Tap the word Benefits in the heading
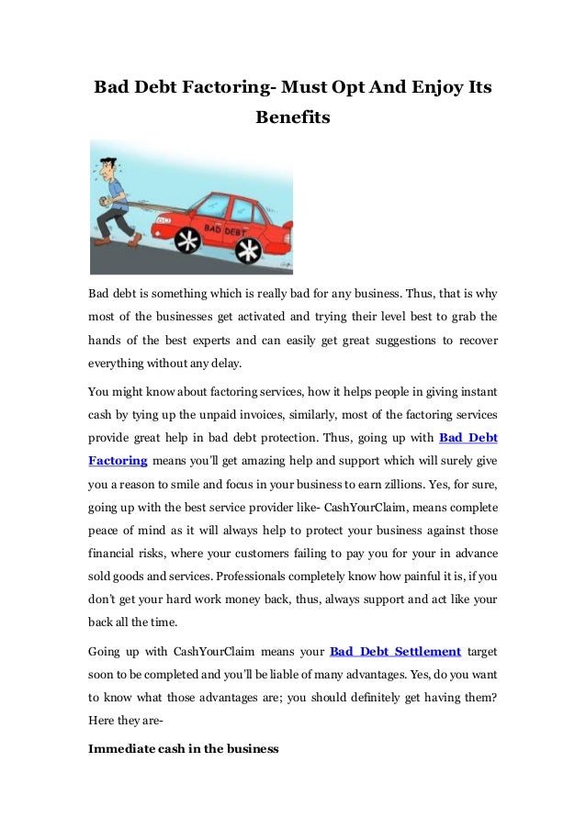point(292,118)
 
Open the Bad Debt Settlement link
point(395,652)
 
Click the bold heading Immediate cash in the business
point(183,748)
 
